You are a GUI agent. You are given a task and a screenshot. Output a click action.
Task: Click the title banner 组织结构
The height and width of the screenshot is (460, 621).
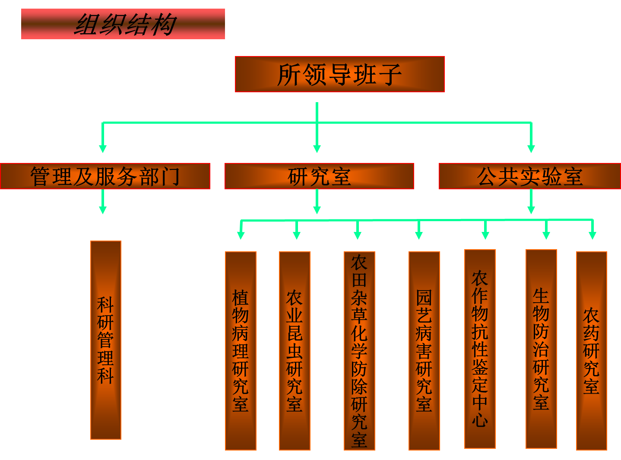pyautogui.click(x=123, y=24)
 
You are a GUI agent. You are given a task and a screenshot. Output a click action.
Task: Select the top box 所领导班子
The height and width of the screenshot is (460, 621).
pyautogui.click(x=339, y=74)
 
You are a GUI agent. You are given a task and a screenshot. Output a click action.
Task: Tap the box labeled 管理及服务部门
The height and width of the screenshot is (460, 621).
pyautogui.click(x=105, y=176)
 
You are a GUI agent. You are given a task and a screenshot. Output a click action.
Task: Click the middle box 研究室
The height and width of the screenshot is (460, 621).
pyautogui.click(x=319, y=176)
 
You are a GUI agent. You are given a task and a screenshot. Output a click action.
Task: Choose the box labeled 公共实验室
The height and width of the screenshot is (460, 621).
pyautogui.click(x=529, y=176)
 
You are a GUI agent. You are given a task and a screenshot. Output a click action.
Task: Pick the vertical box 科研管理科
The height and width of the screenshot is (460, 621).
pyautogui.click(x=106, y=340)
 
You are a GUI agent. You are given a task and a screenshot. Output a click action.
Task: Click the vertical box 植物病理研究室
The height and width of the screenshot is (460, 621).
pyautogui.click(x=241, y=351)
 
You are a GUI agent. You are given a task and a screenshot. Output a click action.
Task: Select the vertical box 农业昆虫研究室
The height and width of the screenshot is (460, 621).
pyautogui.click(x=295, y=351)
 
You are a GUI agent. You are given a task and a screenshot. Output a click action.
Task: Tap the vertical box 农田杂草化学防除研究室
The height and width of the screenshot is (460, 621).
pyautogui.click(x=359, y=351)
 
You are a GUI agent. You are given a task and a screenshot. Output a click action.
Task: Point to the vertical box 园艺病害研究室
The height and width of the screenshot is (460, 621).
pyautogui.click(x=424, y=351)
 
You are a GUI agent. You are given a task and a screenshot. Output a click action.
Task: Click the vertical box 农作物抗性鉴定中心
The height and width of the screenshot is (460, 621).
pyautogui.click(x=480, y=349)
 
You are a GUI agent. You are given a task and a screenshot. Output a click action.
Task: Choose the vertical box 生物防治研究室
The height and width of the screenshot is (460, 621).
pyautogui.click(x=541, y=349)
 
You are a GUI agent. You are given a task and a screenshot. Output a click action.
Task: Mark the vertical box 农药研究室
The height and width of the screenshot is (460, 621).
pyautogui.click(x=592, y=351)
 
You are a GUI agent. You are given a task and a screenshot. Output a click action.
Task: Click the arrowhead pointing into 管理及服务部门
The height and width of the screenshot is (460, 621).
pyautogui.click(x=103, y=149)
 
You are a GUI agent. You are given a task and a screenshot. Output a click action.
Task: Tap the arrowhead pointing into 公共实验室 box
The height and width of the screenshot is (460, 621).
pyautogui.click(x=531, y=149)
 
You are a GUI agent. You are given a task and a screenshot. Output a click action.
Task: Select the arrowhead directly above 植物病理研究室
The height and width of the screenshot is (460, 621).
pyautogui.click(x=241, y=235)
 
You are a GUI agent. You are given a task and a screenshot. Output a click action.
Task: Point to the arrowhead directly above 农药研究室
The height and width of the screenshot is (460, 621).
pyautogui.click(x=592, y=235)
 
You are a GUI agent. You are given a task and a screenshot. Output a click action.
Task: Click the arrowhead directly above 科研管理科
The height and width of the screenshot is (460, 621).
pyautogui.click(x=103, y=210)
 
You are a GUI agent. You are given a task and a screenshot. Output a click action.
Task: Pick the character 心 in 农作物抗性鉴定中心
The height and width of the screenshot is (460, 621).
pyautogui.click(x=480, y=420)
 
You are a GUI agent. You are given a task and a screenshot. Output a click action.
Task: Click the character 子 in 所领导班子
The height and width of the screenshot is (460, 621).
pyautogui.click(x=390, y=75)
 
